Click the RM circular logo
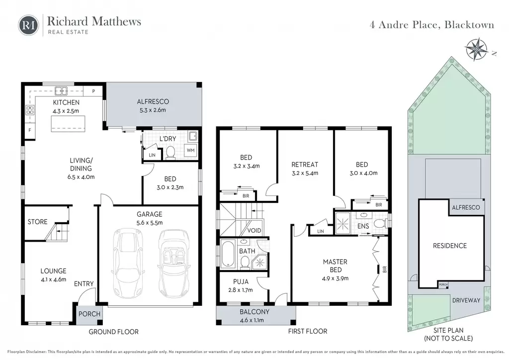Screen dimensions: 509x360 coord(28,25)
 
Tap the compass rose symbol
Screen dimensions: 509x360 coord(476,49)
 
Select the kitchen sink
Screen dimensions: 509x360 coord(61,90)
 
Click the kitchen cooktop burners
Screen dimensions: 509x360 coord(30,110)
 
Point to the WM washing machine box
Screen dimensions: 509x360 coord(190,150)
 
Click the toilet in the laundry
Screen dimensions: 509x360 coord(170,153)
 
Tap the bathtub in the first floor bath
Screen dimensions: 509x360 coord(228,254)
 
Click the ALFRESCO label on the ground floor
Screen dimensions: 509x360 coord(153,101)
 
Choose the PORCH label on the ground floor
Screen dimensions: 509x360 coord(89,314)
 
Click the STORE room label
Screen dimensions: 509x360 coord(37,222)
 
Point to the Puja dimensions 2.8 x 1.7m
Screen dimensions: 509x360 coord(241,290)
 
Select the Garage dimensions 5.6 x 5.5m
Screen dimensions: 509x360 coord(149,223)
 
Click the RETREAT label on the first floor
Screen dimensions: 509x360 coord(305,165)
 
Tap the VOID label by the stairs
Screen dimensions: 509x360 coord(254,231)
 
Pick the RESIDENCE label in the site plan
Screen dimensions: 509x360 coord(449,246)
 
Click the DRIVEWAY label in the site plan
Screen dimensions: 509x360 coord(466,300)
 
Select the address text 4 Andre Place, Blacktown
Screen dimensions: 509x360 coord(432,25)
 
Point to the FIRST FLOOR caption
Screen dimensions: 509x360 coord(307,332)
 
